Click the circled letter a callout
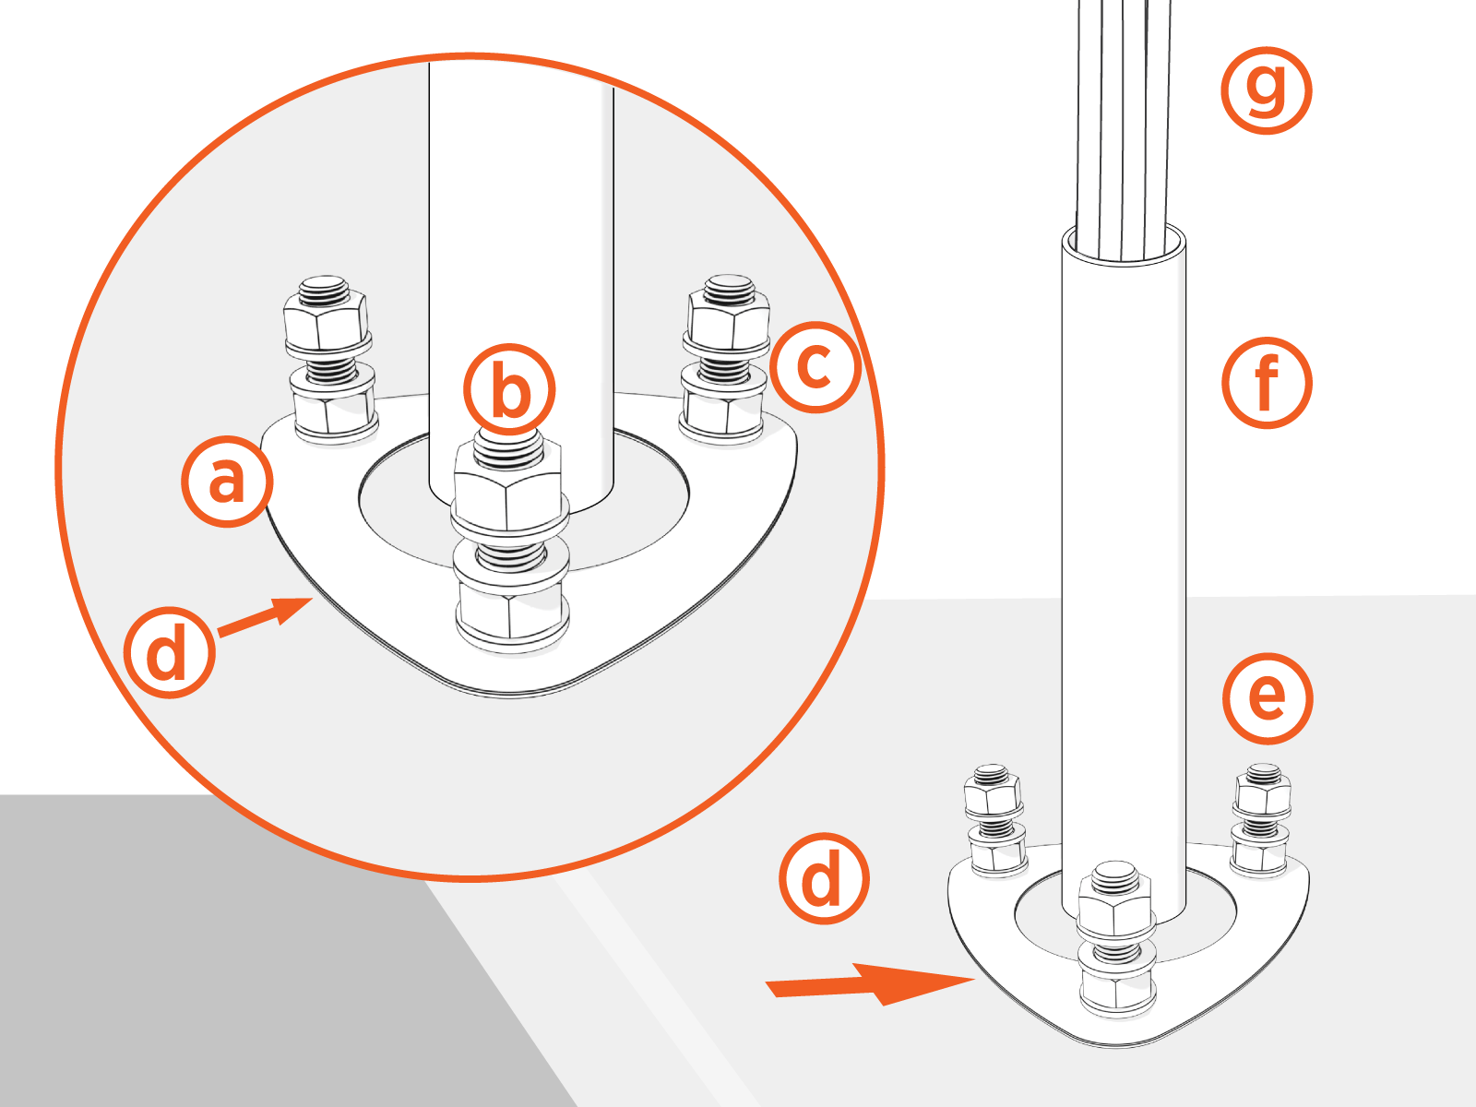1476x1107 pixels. pyautogui.click(x=226, y=482)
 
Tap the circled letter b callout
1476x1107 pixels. pyautogui.click(x=509, y=389)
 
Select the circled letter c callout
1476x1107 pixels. pyautogui.click(x=815, y=366)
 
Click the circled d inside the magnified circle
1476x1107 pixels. pyautogui.click(x=169, y=652)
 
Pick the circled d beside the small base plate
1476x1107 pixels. pyautogui.click(x=823, y=879)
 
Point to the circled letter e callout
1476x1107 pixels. pyautogui.click(x=1267, y=697)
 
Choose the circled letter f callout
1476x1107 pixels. pyautogui.click(x=1267, y=382)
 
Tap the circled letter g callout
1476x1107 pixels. pyautogui.click(x=1266, y=89)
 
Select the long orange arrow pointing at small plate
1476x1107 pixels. pyautogui.click(x=867, y=984)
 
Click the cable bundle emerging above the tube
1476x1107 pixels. pyautogui.click(x=1124, y=120)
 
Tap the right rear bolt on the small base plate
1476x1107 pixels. pyautogui.click(x=1261, y=817)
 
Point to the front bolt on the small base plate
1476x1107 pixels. pyautogui.click(x=1116, y=941)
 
